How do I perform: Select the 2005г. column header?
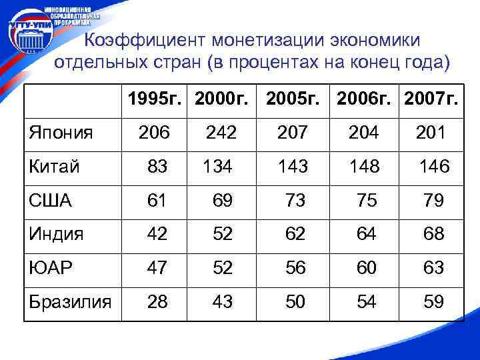point(293,99)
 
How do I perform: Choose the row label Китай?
point(55,166)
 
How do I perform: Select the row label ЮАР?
point(51,268)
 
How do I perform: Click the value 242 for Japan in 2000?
point(221,133)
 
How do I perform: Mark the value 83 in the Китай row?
point(158,167)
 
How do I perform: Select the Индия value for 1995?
point(158,234)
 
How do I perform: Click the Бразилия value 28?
point(158,301)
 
